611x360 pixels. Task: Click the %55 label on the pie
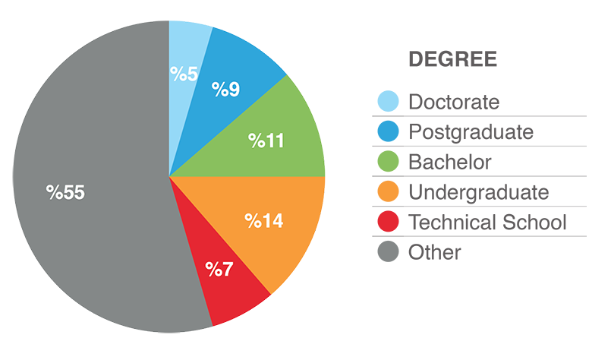(x=65, y=193)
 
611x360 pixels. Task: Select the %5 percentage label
(x=184, y=74)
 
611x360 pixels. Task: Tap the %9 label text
(x=225, y=90)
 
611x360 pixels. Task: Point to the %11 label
(x=266, y=141)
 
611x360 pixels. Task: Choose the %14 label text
(x=263, y=221)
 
